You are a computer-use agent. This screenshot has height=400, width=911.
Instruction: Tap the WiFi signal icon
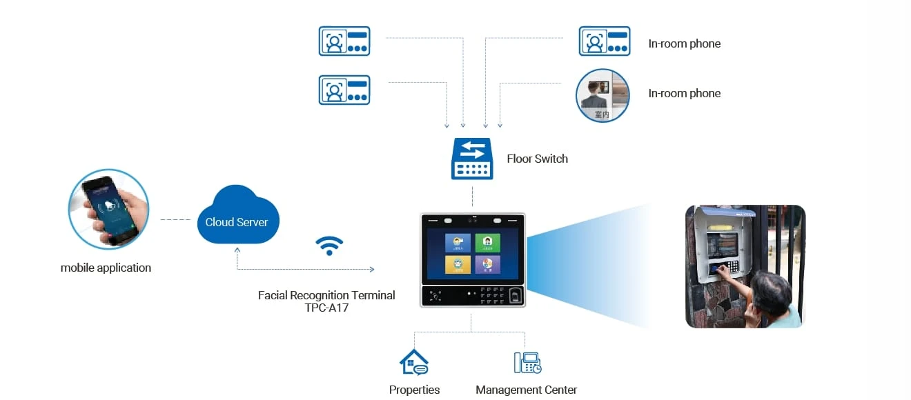[329, 246]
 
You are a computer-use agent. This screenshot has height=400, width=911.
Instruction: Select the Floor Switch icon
[472, 159]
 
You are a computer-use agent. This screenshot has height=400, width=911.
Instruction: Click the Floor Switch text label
[537, 159]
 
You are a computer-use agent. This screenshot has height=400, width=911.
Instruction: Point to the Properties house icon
[414, 362]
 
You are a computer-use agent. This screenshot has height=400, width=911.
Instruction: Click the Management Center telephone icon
[527, 363]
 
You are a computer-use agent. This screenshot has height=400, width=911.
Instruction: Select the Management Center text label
[526, 390]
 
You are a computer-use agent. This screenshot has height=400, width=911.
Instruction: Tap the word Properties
[414, 390]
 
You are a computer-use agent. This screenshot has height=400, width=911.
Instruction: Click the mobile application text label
[106, 268]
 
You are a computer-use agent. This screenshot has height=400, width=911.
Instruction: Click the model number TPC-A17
[326, 308]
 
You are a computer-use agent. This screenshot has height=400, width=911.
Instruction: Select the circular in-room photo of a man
[603, 96]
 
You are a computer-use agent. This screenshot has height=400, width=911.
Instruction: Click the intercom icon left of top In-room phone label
[604, 41]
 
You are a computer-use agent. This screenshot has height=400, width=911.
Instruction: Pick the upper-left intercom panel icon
[344, 41]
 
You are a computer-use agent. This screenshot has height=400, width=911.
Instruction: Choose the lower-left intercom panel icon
[344, 90]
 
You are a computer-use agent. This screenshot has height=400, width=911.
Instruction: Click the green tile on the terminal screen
[487, 243]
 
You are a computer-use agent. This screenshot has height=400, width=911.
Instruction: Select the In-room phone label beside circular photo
[684, 94]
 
